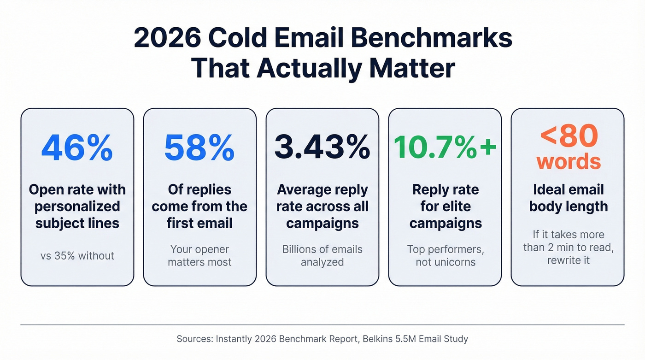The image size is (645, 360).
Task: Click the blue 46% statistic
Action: click(77, 148)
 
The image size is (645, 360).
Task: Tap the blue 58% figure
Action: click(199, 148)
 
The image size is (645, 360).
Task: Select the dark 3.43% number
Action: click(322, 148)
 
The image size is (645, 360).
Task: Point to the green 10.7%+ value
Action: click(445, 148)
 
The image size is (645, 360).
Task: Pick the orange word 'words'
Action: click(569, 161)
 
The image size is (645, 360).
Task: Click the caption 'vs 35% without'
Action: click(77, 255)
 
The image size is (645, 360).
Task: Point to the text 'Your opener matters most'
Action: click(199, 255)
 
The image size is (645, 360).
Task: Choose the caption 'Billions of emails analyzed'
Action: click(322, 255)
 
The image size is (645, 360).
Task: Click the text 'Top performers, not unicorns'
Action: click(445, 255)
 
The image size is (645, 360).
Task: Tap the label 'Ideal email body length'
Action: click(568, 198)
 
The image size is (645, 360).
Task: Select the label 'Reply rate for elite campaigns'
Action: click(445, 207)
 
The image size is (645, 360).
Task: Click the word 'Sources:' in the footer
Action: click(194, 339)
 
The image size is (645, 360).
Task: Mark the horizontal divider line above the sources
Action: click(322, 325)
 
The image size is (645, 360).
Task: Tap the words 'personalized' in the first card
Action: click(77, 207)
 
